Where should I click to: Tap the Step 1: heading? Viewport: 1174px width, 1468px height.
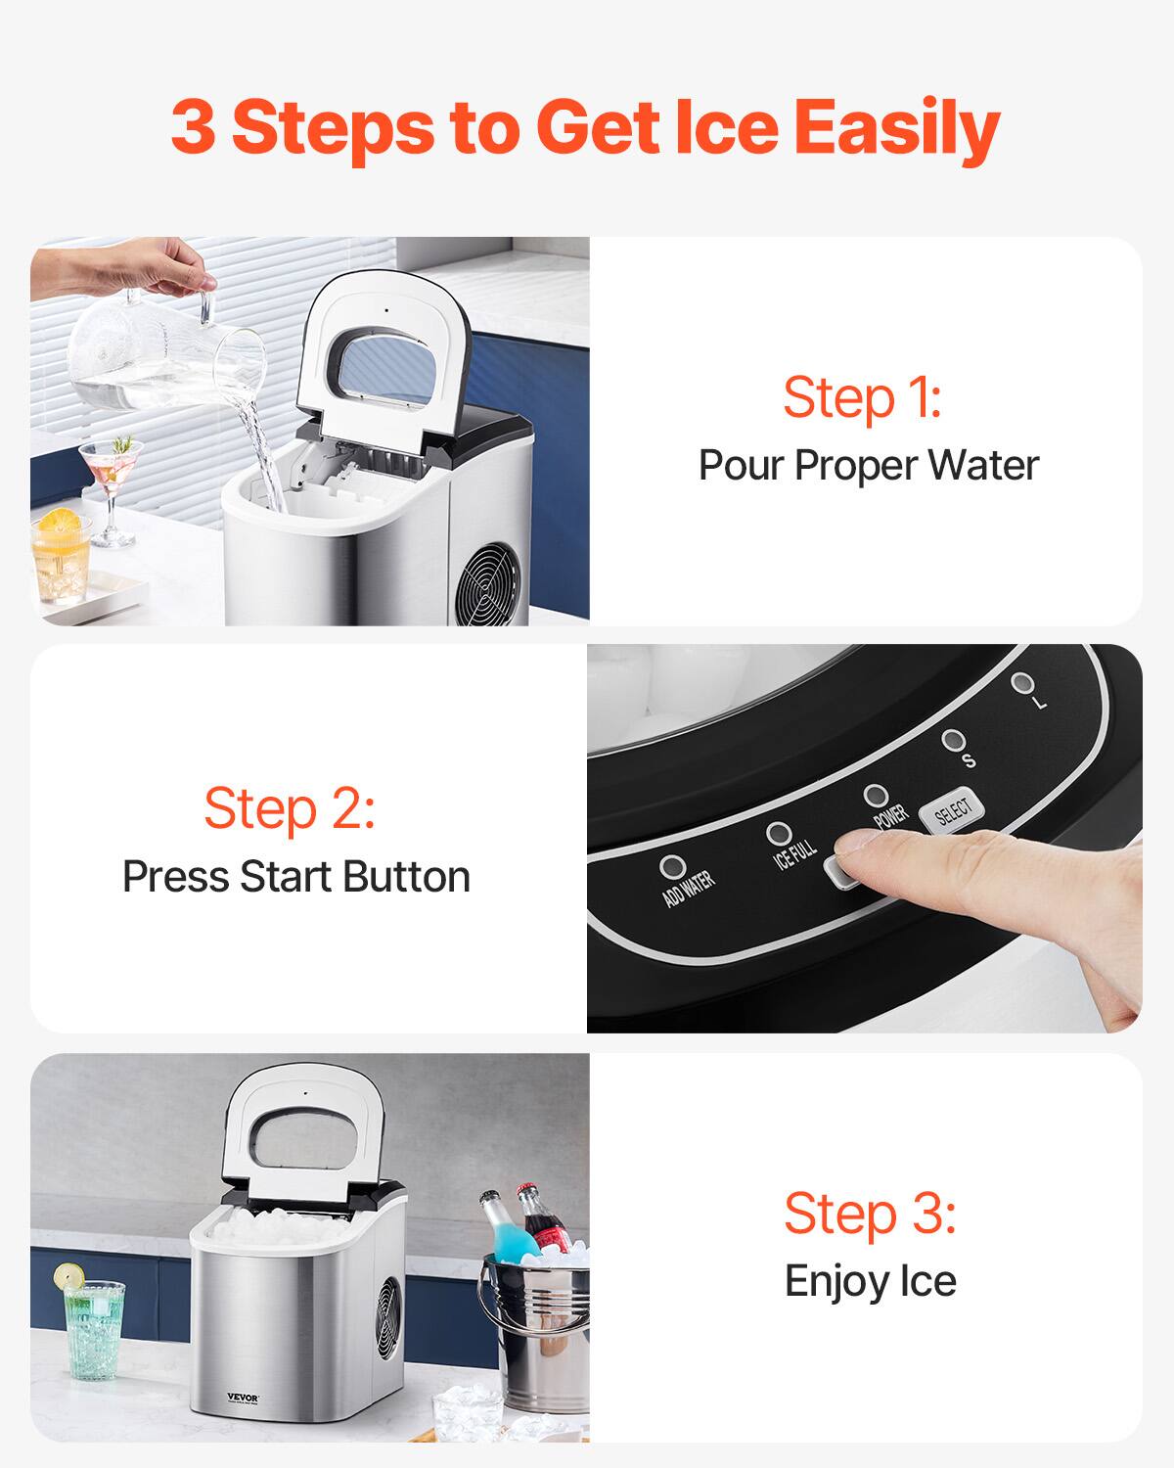click(x=862, y=398)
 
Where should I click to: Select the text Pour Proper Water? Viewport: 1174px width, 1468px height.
click(x=868, y=465)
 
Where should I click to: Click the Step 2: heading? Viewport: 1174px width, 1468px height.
click(x=290, y=808)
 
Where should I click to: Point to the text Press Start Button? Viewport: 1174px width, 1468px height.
click(x=295, y=877)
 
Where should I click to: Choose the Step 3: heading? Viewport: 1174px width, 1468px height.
click(x=869, y=1214)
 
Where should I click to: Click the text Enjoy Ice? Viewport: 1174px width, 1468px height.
click(x=870, y=1281)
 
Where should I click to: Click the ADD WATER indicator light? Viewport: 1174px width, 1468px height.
click(x=673, y=867)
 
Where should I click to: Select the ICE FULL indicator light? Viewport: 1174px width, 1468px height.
click(x=779, y=834)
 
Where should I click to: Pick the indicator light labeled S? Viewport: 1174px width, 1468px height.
click(x=952, y=740)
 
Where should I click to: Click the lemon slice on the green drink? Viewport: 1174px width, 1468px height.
click(x=68, y=1276)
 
